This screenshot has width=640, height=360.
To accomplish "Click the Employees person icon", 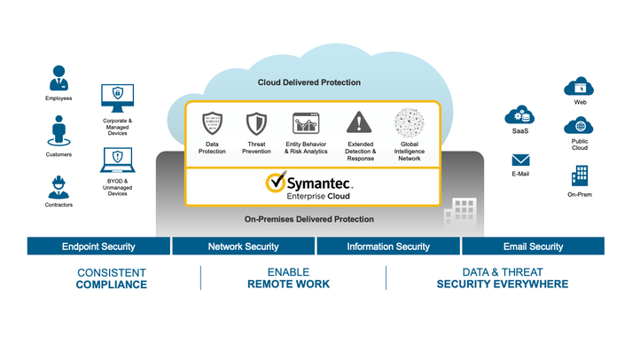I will tap(59, 77).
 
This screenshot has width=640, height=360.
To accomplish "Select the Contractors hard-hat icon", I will tap(59, 186).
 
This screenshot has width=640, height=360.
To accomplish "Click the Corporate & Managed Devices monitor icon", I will tap(117, 96).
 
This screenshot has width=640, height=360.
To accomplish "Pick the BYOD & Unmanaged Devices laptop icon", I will tap(117, 160).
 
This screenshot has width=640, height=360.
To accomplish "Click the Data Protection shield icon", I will tap(212, 122).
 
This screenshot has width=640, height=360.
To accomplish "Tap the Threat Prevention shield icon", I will tap(256, 122).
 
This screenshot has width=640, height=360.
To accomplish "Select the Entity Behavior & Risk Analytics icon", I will tap(305, 122).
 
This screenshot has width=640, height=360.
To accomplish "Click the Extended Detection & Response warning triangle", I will tap(359, 122).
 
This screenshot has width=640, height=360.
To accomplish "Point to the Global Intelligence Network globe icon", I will tap(409, 122).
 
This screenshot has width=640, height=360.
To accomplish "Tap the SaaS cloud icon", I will tap(519, 115).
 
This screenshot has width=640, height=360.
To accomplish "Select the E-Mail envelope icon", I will tap(520, 160).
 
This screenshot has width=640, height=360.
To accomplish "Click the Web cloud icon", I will tap(580, 86).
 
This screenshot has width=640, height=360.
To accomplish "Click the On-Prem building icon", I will tap(580, 175).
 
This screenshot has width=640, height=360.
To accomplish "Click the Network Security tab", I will tap(243, 247).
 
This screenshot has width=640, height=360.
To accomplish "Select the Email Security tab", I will tap(534, 247).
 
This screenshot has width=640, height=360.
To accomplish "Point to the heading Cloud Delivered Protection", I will tap(309, 82).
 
